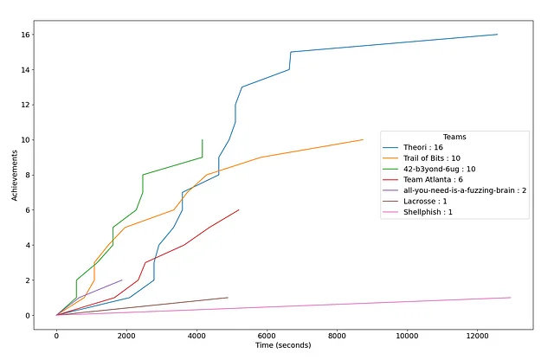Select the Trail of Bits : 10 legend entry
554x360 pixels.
437,162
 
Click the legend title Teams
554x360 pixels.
454,137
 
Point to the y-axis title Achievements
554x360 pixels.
15,174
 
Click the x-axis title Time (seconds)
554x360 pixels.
283,345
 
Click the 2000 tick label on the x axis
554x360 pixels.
126,332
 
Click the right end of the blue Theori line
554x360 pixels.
498,35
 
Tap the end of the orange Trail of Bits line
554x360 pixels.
363,139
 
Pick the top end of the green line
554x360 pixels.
203,139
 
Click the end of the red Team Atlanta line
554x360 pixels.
239,209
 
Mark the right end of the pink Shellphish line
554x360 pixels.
511,298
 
